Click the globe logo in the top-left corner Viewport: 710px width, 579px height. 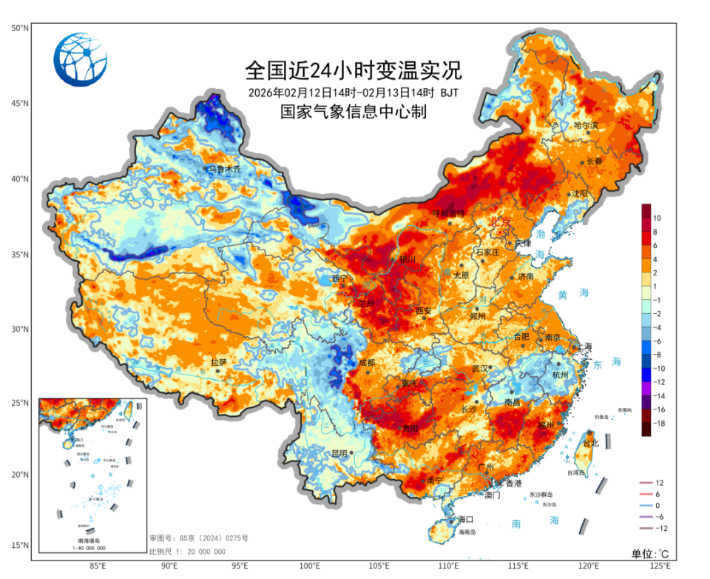coord(80,60)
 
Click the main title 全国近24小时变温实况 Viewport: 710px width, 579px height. coord(353,71)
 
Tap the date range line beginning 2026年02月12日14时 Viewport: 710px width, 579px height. coord(353,93)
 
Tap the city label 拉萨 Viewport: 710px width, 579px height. coord(219,362)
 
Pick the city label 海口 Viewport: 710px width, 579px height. coord(465,519)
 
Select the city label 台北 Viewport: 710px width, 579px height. coord(589,444)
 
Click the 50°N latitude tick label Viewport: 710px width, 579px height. coord(19,28)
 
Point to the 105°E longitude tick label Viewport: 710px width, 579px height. coord(380,566)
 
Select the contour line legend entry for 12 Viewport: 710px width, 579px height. coord(658,483)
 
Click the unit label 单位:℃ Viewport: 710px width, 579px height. coord(650,554)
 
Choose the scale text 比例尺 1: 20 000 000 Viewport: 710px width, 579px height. coord(187,552)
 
